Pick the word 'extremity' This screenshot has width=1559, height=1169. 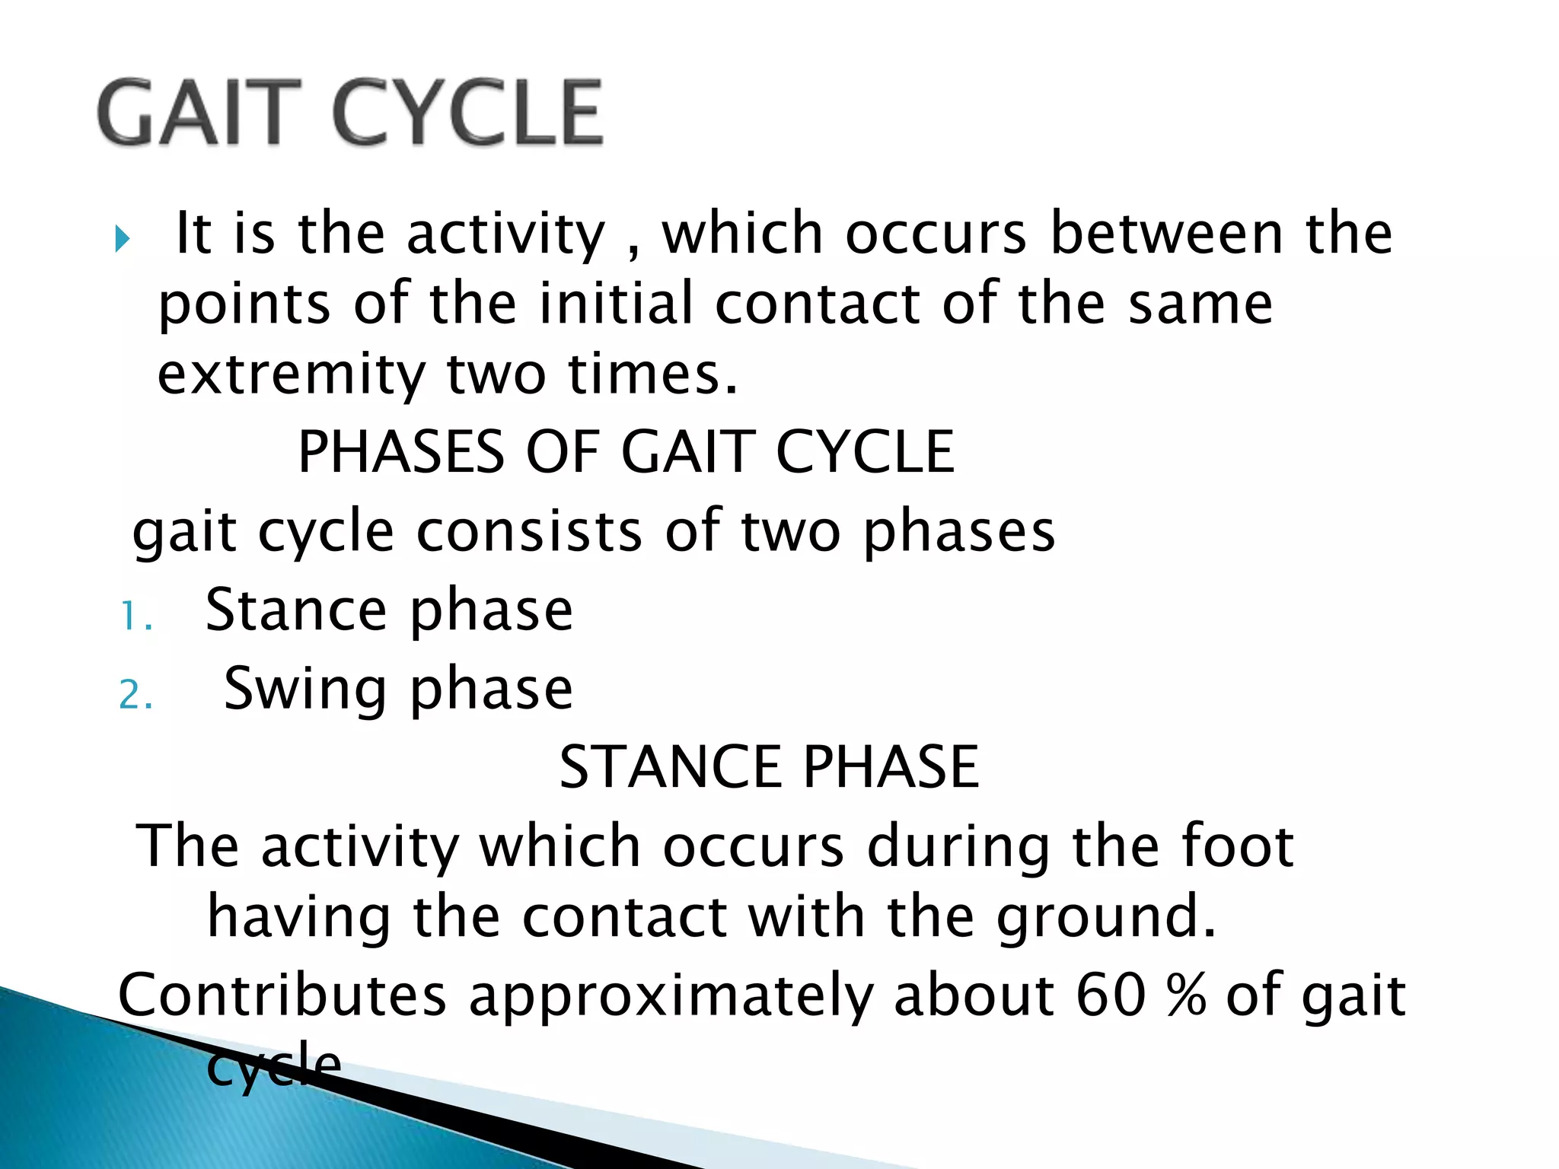click(x=291, y=374)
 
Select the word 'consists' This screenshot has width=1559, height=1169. click(x=529, y=530)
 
